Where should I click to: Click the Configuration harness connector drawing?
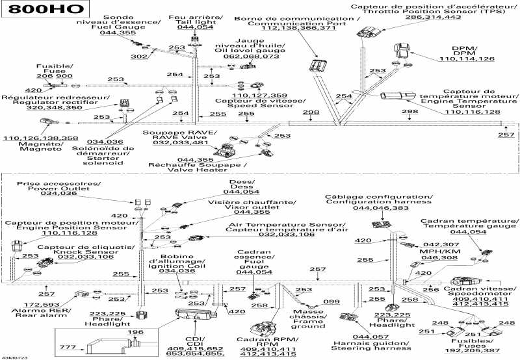[x=382, y=224]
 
